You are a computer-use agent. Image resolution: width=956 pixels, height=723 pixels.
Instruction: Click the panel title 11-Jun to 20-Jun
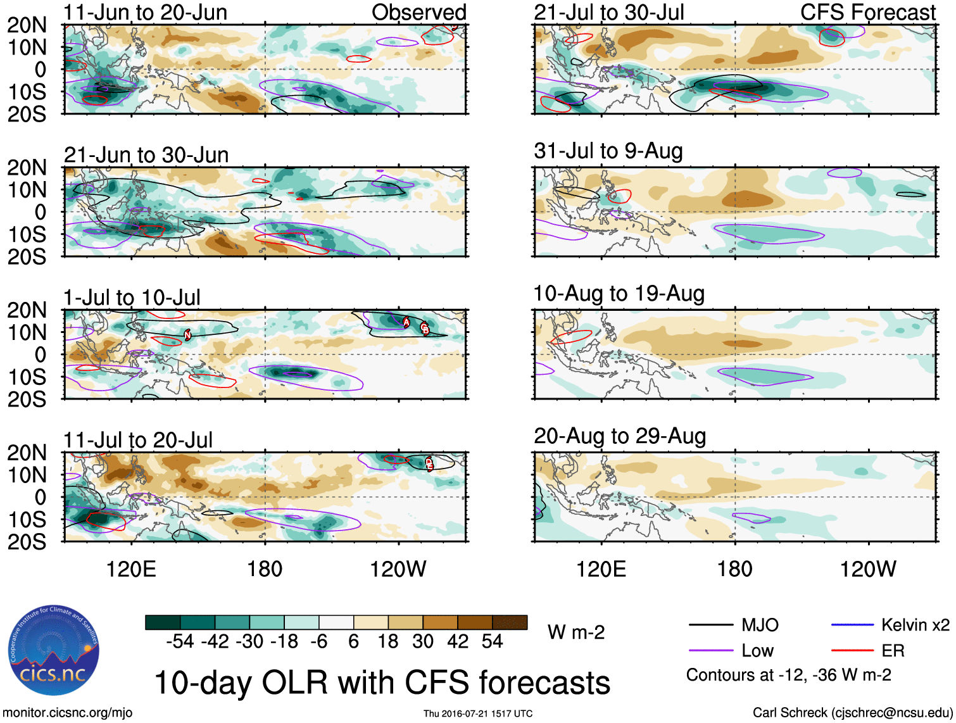coord(145,12)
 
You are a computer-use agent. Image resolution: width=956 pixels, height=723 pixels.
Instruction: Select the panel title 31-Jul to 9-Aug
coord(608,151)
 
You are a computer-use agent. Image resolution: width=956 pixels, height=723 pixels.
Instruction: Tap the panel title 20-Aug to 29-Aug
coord(619,436)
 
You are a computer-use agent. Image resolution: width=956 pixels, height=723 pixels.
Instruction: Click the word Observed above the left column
coord(418,12)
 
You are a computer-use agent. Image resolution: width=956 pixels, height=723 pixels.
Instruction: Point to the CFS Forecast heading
coord(867,12)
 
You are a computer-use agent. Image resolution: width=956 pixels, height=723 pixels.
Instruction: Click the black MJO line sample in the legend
coord(710,626)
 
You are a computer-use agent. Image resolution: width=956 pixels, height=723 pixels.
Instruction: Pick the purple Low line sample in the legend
coord(710,650)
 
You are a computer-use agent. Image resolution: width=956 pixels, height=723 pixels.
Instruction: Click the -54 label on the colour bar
coord(179,642)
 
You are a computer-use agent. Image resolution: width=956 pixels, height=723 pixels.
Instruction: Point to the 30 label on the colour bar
coord(423,642)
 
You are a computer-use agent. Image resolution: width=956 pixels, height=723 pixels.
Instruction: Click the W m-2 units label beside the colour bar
coord(576,632)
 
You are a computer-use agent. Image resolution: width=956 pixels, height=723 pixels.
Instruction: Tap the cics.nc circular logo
coord(54,650)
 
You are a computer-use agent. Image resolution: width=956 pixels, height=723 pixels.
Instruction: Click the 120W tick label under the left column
coord(398,569)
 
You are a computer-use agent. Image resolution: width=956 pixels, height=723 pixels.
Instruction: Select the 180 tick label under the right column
coord(734,569)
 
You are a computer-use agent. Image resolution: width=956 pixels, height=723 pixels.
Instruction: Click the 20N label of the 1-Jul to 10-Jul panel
coord(27,310)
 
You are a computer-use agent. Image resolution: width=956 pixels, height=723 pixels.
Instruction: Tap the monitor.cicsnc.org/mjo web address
coord(68,713)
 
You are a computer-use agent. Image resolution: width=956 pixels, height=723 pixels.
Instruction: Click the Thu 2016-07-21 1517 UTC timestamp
coord(478,714)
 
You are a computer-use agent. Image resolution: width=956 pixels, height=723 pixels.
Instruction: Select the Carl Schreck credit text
coord(852,713)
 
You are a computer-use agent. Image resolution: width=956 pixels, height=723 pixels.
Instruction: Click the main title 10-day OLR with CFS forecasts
coord(382,683)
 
